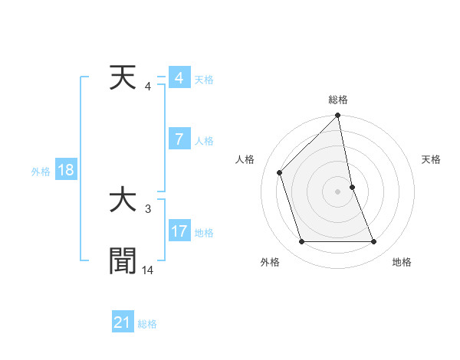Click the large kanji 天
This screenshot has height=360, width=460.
pyautogui.click(x=123, y=78)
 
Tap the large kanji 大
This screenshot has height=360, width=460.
pyautogui.click(x=123, y=201)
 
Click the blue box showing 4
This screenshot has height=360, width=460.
pyautogui.click(x=179, y=78)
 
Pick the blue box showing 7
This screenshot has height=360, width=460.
pyautogui.click(x=179, y=139)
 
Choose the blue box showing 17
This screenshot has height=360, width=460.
pyautogui.click(x=179, y=231)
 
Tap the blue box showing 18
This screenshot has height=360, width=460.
pyautogui.click(x=66, y=170)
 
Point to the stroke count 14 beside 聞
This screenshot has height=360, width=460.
pyautogui.click(x=148, y=270)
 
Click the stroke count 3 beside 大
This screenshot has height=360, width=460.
pyautogui.click(x=148, y=208)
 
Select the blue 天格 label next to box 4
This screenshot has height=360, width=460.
pyautogui.click(x=204, y=80)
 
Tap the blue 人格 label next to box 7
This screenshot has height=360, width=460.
pyautogui.click(x=204, y=141)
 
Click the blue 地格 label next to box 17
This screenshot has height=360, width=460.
pyautogui.click(x=204, y=233)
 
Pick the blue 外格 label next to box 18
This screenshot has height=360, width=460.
pyautogui.click(x=41, y=172)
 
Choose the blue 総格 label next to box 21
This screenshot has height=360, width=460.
pyautogui.click(x=147, y=324)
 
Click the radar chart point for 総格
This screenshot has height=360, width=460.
pyautogui.click(x=338, y=116)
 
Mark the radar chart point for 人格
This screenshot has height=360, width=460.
pyautogui.click(x=280, y=172)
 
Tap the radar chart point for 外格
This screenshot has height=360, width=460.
pyautogui.click(x=301, y=242)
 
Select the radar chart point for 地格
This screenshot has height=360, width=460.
pyautogui.click(x=374, y=242)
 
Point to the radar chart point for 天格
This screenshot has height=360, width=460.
pyautogui.click(x=352, y=187)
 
